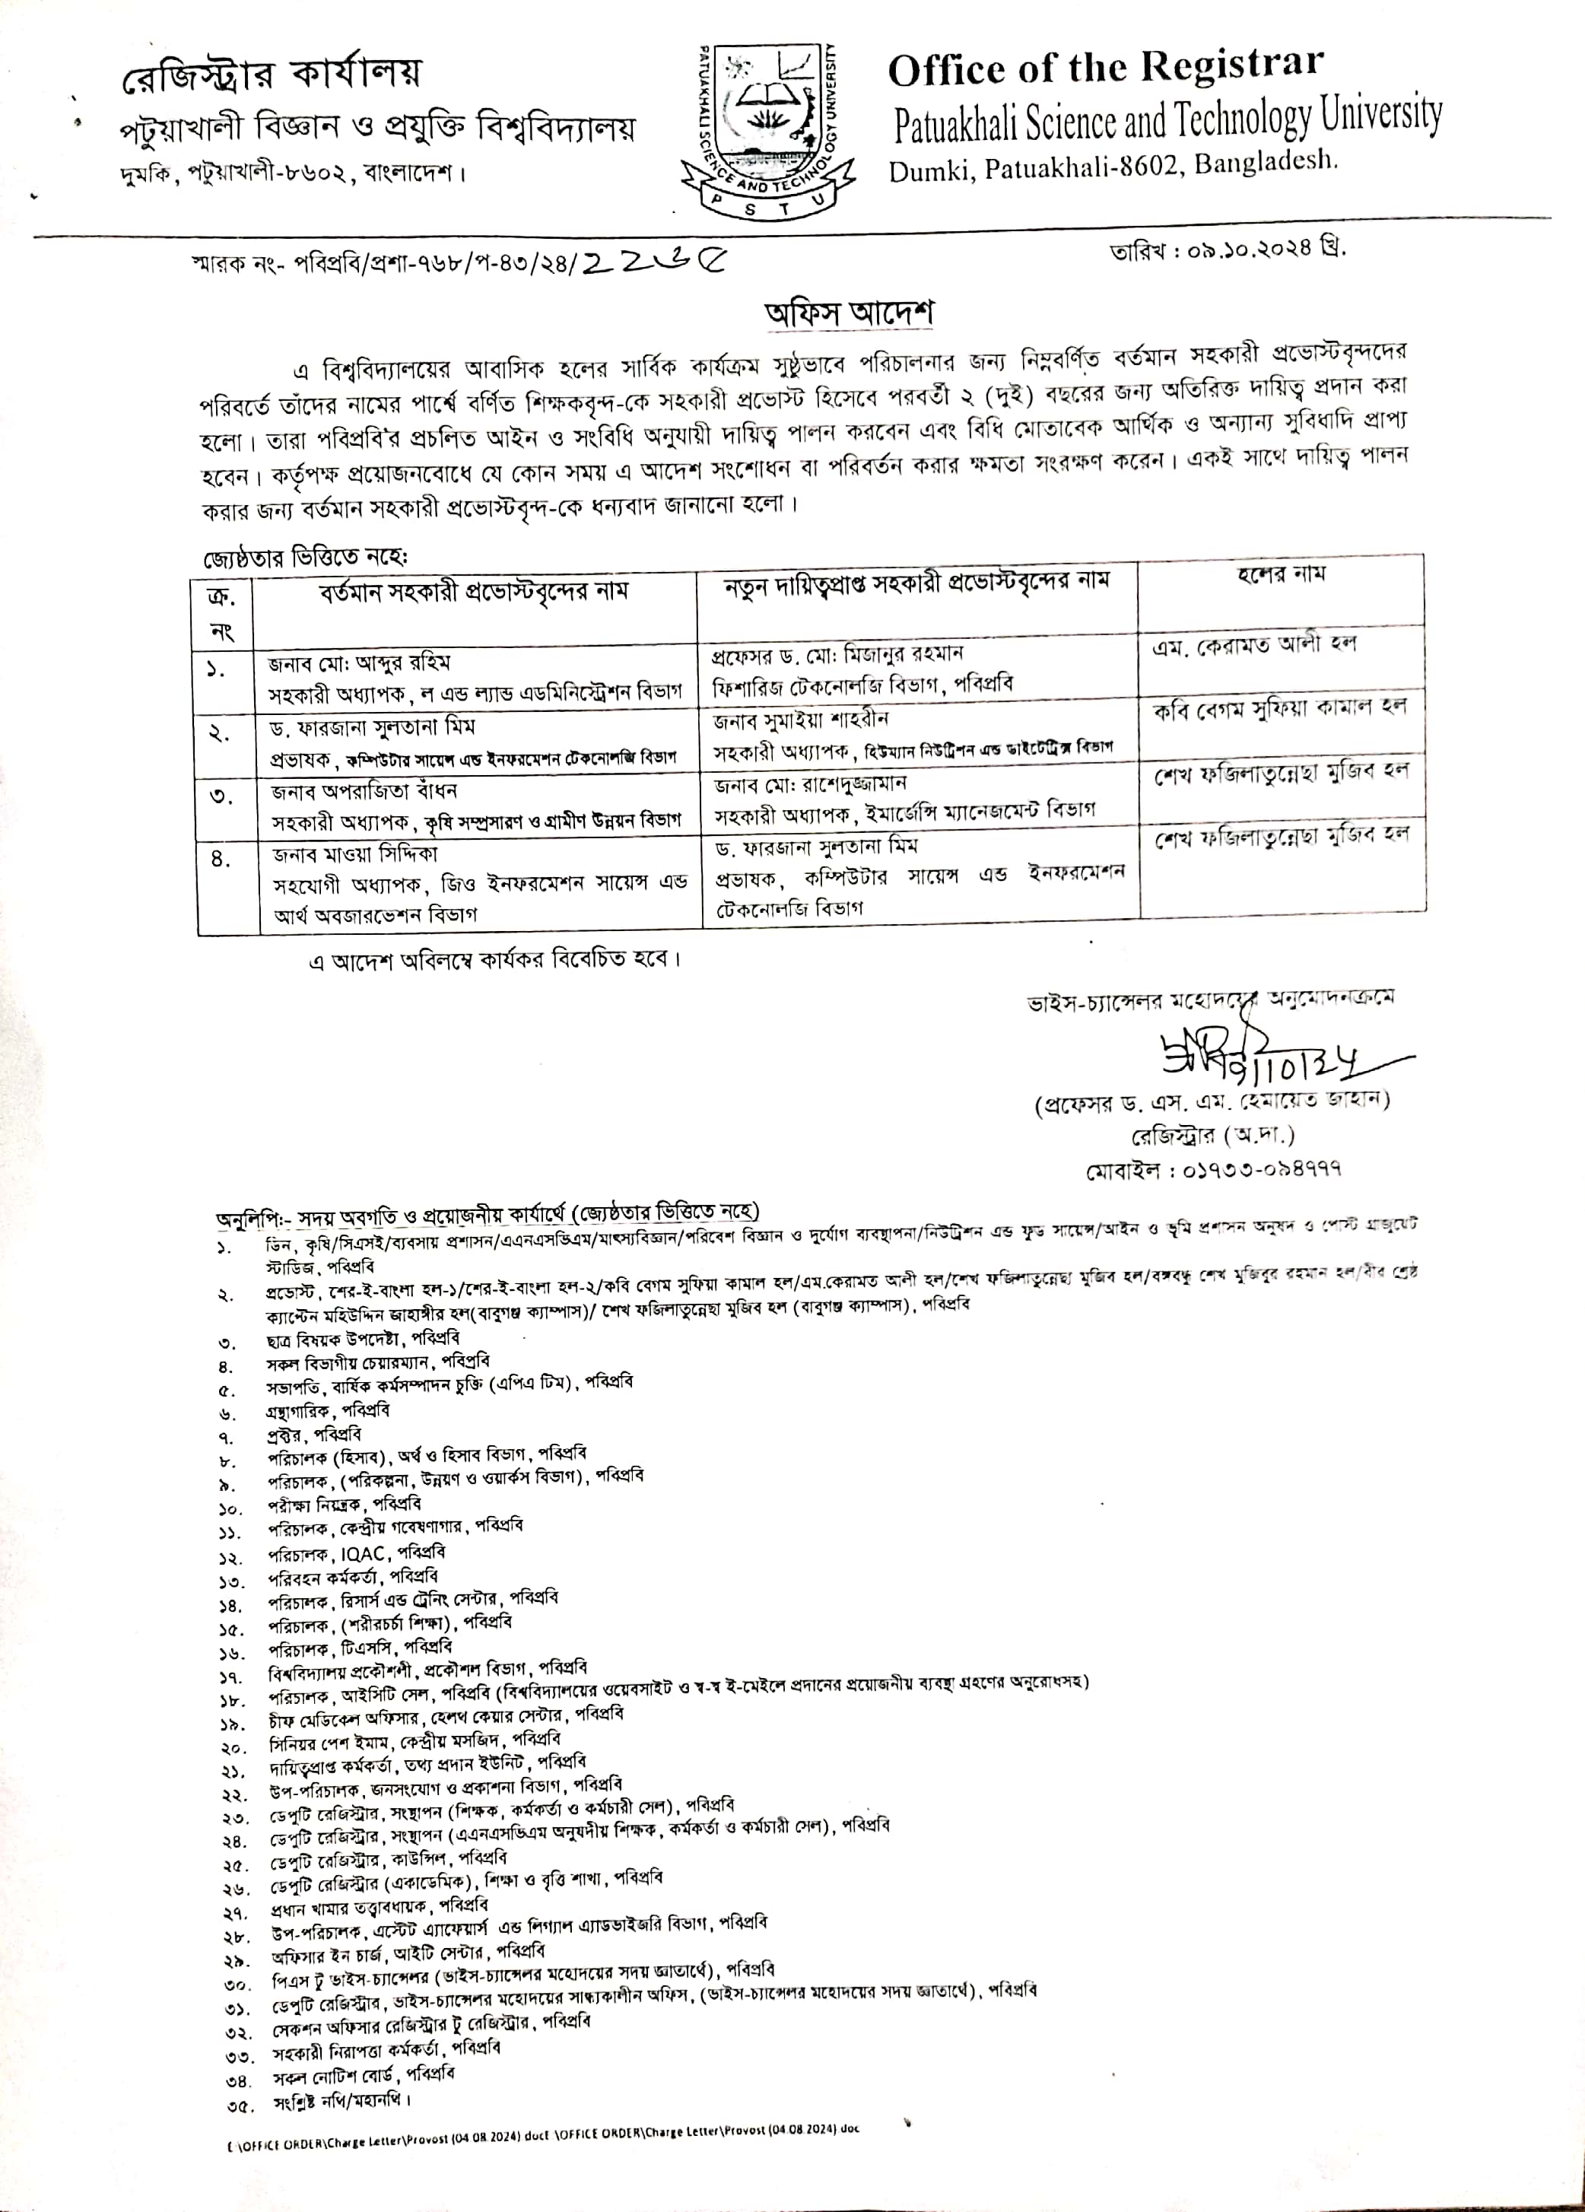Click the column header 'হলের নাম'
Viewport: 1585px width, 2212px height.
pos(1281,575)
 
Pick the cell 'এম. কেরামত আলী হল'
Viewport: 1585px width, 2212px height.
pos(1253,646)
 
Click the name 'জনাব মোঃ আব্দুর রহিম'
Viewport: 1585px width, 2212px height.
pos(359,663)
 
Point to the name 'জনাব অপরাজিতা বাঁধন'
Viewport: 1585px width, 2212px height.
pos(364,790)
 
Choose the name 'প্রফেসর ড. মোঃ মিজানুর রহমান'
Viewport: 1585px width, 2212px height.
pos(838,653)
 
